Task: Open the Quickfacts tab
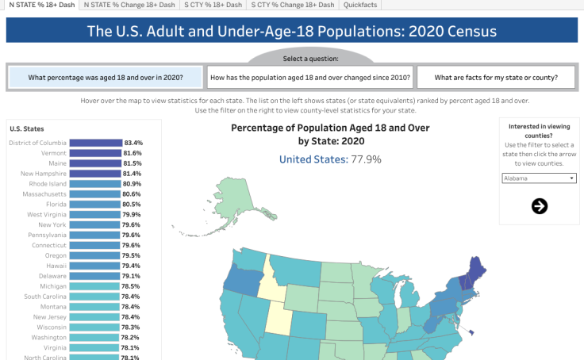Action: click(360, 5)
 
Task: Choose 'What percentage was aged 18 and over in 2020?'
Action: click(105, 77)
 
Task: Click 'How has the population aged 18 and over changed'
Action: click(309, 77)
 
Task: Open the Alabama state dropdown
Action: click(539, 178)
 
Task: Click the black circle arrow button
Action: click(539, 206)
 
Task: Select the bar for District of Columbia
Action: click(94, 143)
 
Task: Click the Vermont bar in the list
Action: click(94, 153)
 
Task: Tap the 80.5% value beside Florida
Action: click(132, 204)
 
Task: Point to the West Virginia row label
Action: click(47, 214)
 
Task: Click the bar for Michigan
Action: click(94, 285)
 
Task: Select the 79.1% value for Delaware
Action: click(132, 275)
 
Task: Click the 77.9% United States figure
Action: click(364, 159)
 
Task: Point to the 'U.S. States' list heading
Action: click(26, 128)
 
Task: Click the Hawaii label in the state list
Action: click(55, 265)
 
